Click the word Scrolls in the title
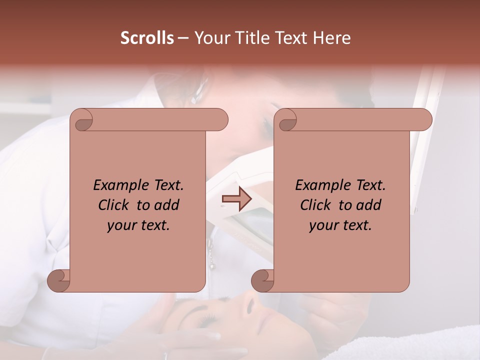point(147,38)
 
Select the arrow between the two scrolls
point(236,199)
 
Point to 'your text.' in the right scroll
point(340,225)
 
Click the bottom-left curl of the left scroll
point(59,280)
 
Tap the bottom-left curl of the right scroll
point(263,280)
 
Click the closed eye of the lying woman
point(206,318)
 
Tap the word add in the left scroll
point(167,205)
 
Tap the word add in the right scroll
point(369,205)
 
